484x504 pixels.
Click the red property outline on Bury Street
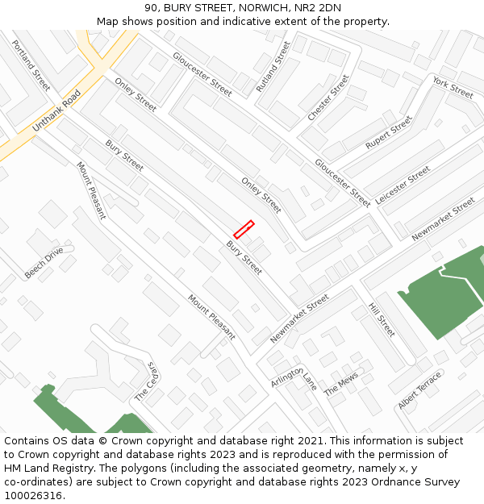pyautogui.click(x=244, y=229)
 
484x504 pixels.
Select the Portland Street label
pyautogui.click(x=31, y=65)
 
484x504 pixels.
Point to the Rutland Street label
pyautogui.click(x=273, y=65)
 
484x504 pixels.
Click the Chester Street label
pyautogui.click(x=328, y=98)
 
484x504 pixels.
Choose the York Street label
pyautogui.click(x=453, y=87)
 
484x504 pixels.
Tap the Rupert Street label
pyautogui.click(x=389, y=132)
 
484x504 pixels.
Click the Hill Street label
pyautogui.click(x=382, y=319)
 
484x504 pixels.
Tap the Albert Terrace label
pyautogui.click(x=419, y=389)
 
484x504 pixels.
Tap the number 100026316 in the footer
pyautogui.click(x=33, y=495)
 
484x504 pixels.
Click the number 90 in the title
pyautogui.click(x=150, y=8)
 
